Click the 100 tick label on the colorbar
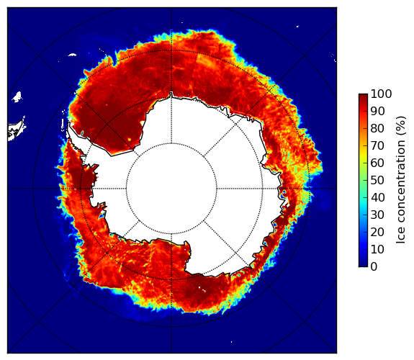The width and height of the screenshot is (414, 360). click(x=381, y=94)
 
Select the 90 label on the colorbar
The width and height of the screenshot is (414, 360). click(x=377, y=111)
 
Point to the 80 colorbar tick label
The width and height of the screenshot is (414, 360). click(x=377, y=128)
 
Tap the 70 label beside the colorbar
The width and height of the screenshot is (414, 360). click(x=377, y=145)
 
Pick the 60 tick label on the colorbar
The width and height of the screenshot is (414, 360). click(x=377, y=163)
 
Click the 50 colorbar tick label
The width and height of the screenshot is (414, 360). click(x=377, y=180)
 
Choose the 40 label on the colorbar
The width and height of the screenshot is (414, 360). click(x=377, y=197)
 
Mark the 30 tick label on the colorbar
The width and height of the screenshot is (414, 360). click(x=377, y=215)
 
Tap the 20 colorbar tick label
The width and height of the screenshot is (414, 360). click(x=377, y=232)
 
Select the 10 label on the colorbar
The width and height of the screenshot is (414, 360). click(x=377, y=249)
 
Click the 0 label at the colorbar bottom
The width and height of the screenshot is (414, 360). click(x=374, y=266)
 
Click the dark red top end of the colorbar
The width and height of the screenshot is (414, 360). click(x=363, y=96)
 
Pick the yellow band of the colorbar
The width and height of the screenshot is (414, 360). click(x=363, y=154)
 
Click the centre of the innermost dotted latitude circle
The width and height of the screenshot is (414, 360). click(x=171, y=189)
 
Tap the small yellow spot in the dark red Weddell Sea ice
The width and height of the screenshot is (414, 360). click(x=130, y=139)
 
